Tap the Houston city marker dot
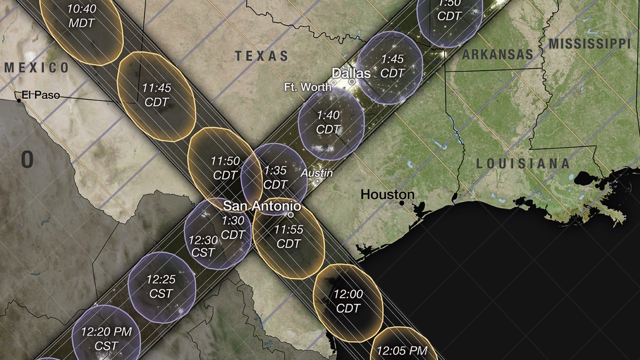(x=402, y=203)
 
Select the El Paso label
(x=41, y=95)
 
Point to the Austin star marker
(x=318, y=181)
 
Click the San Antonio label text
(x=262, y=206)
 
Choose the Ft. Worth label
(x=307, y=87)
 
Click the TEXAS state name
(x=262, y=56)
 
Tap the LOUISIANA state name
(x=523, y=164)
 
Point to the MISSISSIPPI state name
(x=589, y=44)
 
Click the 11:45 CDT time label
(x=156, y=95)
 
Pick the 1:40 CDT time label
(x=328, y=122)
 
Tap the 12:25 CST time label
(x=161, y=286)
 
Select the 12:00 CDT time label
(x=348, y=301)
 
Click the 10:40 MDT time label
(x=82, y=16)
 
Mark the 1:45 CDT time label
(x=393, y=66)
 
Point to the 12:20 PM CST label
(x=106, y=338)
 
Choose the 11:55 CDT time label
(x=288, y=237)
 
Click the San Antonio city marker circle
(x=291, y=215)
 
